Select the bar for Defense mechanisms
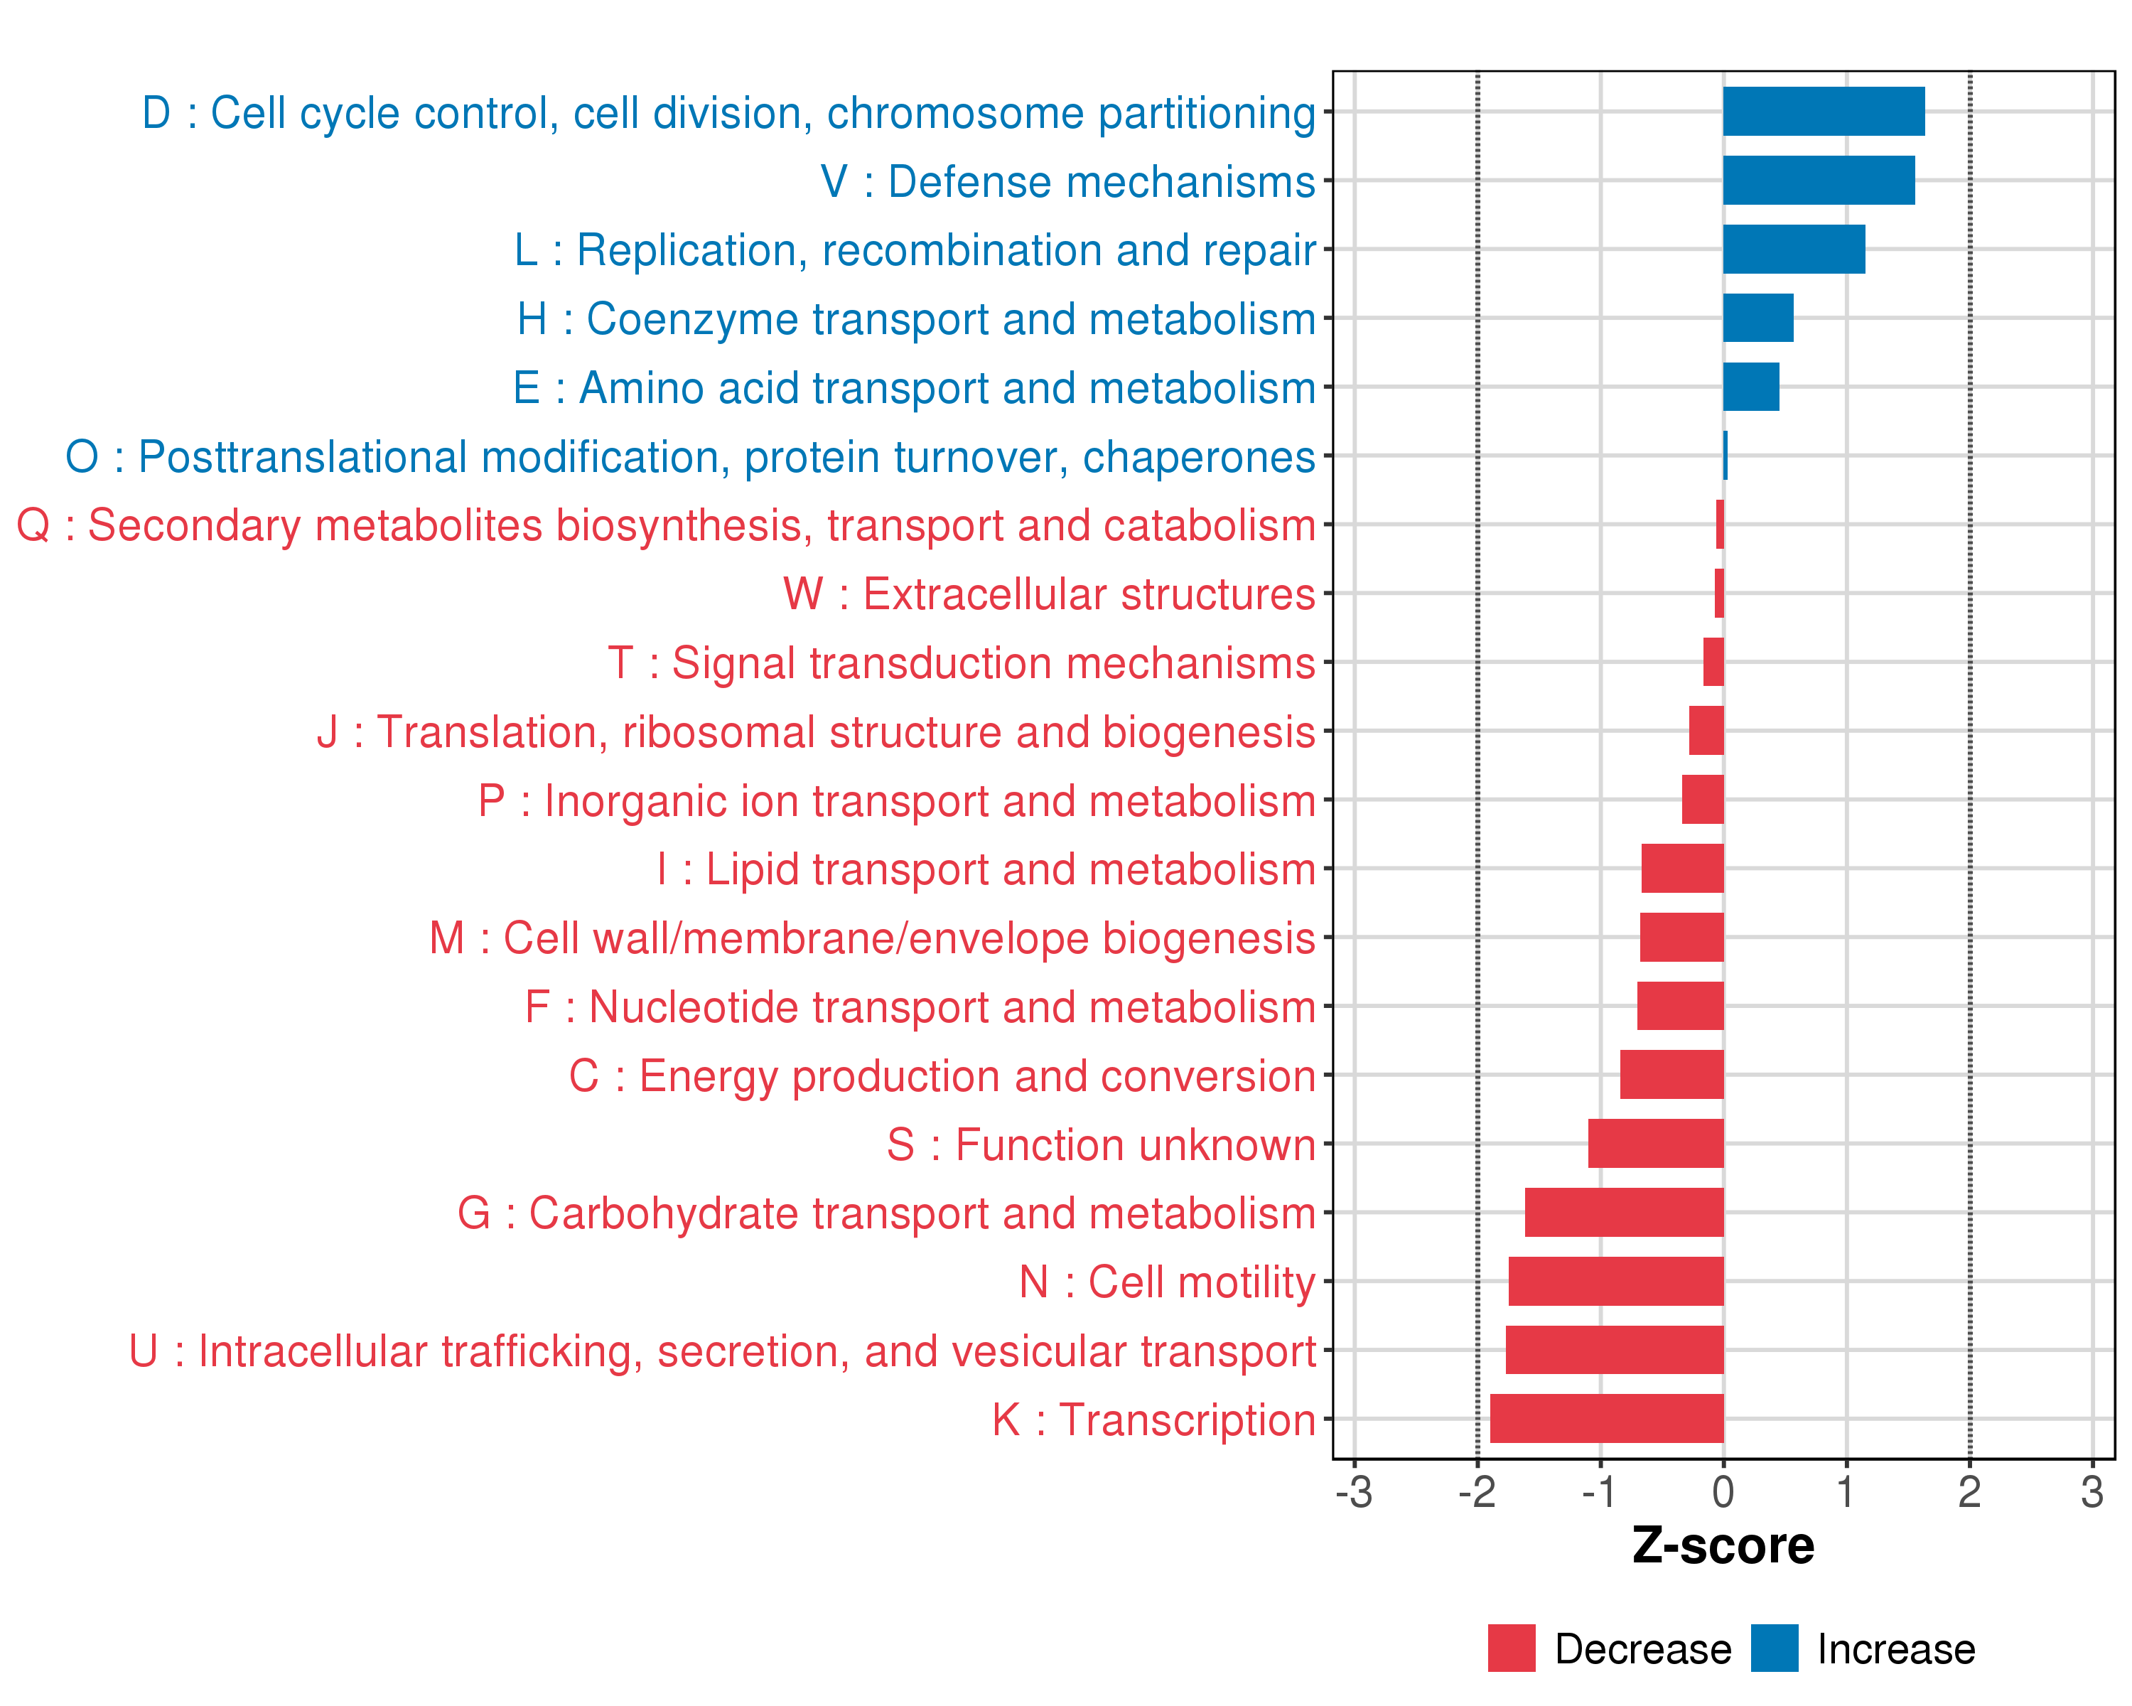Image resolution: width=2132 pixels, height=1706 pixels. point(1818,180)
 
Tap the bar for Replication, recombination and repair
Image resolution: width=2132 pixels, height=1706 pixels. point(1793,250)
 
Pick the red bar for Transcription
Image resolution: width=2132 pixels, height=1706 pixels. point(1606,1418)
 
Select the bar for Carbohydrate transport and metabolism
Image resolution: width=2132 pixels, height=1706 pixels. point(1624,1213)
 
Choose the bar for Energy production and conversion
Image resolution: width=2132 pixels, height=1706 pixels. point(1671,1075)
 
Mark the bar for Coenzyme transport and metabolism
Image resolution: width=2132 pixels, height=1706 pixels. point(1757,318)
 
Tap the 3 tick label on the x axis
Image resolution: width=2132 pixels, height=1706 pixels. point(2091,1491)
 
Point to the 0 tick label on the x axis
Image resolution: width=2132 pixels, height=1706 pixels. point(1723,1491)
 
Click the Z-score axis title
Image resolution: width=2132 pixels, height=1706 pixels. point(1723,1547)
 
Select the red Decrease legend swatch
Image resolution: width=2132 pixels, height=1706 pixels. point(1511,1648)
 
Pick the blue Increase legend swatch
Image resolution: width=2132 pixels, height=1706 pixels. point(1774,1648)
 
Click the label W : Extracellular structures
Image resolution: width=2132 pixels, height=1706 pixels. point(1049,594)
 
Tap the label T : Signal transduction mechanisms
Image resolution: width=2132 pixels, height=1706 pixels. point(962,662)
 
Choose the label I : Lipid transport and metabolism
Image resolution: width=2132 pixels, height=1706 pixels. point(986,869)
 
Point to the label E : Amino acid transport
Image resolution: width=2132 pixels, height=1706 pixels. point(914,387)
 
